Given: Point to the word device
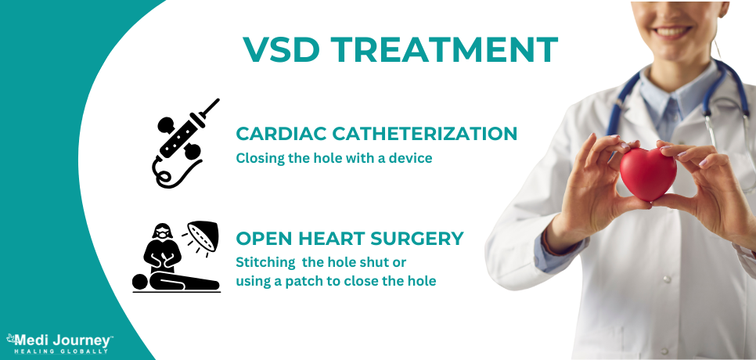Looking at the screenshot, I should pos(412,158).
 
